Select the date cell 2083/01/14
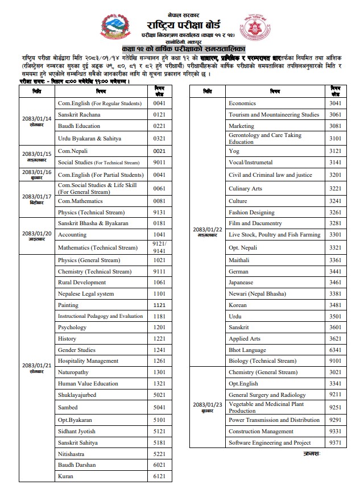click(37, 121)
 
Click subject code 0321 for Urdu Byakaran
click(159, 138)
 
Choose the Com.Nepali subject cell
click(72, 151)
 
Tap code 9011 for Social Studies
click(159, 163)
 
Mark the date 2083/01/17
click(37, 198)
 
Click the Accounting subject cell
click(72, 234)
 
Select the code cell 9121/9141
click(159, 247)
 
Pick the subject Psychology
click(72, 328)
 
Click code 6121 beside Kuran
click(159, 476)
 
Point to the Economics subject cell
click(242, 103)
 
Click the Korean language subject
click(238, 305)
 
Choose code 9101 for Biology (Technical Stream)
click(335, 360)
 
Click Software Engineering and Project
click(270, 443)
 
